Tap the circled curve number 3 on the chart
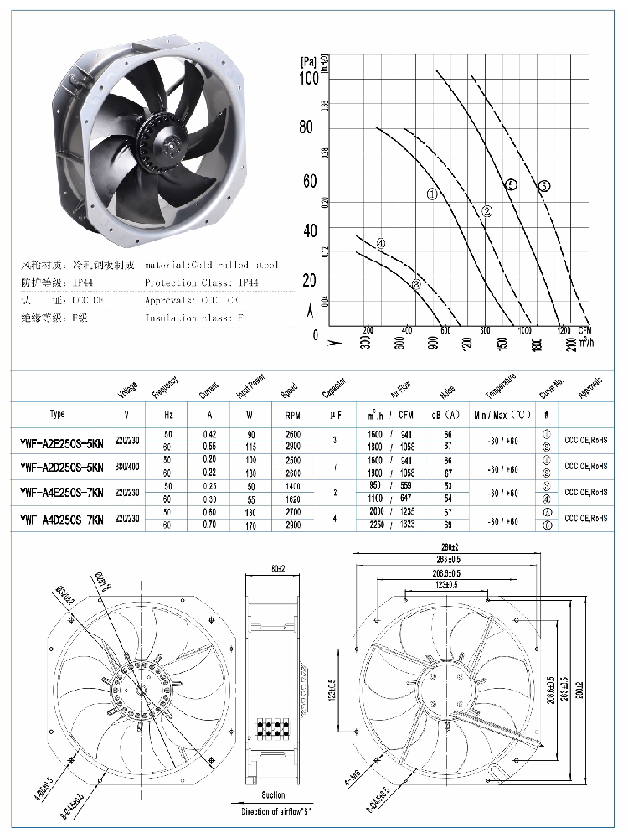416,284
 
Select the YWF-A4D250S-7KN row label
61,519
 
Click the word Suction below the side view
273,794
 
